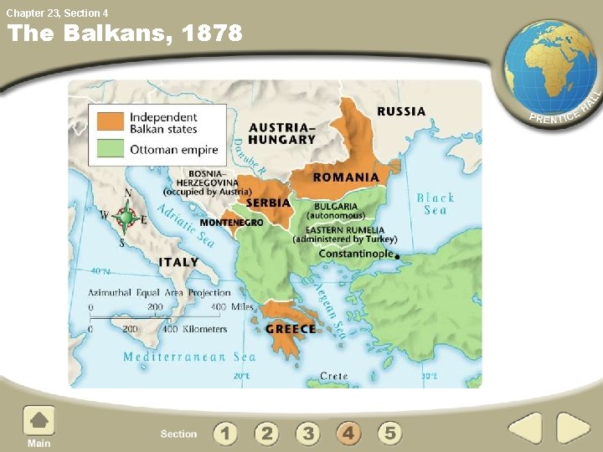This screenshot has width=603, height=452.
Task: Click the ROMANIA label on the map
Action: (x=346, y=177)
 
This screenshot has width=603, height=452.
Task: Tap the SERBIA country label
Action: (x=268, y=203)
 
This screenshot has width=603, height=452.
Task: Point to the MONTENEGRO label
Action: (x=231, y=223)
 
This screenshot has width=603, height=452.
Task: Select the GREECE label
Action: (x=291, y=330)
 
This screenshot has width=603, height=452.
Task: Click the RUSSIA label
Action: (x=401, y=111)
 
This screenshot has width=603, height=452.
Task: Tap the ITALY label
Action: (x=179, y=262)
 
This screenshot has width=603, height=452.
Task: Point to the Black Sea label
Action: (x=435, y=203)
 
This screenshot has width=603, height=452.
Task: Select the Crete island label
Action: (x=333, y=377)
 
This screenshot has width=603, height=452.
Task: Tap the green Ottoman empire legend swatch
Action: (x=111, y=151)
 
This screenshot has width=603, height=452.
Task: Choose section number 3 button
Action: (x=308, y=434)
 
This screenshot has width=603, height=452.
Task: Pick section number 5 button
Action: (x=389, y=434)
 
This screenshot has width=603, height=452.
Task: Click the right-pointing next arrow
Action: (x=574, y=429)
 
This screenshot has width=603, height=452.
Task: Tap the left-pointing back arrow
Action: (x=526, y=429)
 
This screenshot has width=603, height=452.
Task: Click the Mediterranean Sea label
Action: (x=189, y=357)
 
